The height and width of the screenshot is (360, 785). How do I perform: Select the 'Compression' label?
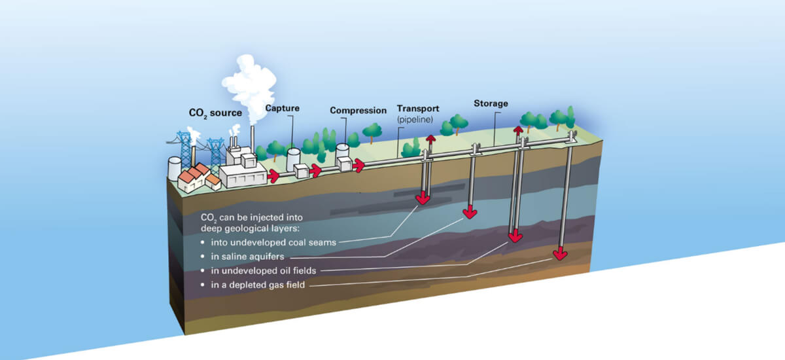(358, 111)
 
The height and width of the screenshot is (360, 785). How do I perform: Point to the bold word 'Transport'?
(418, 108)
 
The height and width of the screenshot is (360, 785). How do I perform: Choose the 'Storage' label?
(491, 103)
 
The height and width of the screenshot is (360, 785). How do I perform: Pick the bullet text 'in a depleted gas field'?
(260, 285)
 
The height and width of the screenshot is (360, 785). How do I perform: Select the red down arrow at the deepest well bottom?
(560, 253)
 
